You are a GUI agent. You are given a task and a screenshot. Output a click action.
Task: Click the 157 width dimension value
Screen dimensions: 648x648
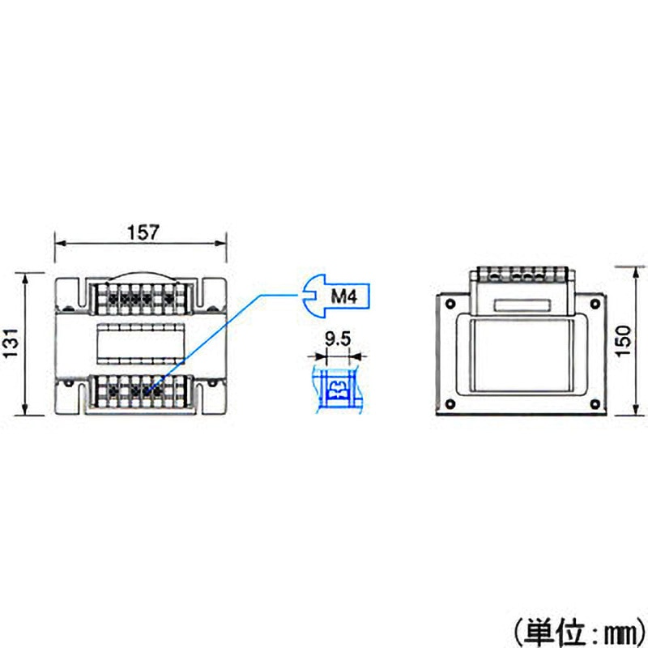(x=143, y=232)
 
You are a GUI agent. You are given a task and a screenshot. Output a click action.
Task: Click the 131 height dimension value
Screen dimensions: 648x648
(x=11, y=343)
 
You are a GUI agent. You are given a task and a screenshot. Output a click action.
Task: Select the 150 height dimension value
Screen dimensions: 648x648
(x=624, y=341)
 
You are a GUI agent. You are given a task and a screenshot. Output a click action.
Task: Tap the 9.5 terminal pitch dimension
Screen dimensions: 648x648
(x=338, y=339)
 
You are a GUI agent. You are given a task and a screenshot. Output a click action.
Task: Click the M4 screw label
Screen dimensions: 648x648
(x=343, y=296)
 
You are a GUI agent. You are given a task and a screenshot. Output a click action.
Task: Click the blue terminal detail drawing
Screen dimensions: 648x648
(x=338, y=389)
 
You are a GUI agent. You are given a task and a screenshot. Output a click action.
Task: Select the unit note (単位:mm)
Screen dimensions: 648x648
(x=580, y=632)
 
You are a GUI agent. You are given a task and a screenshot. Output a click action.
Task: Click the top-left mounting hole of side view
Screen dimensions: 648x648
(x=450, y=304)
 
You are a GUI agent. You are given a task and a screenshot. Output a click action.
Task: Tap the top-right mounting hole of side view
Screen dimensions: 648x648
(x=595, y=304)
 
